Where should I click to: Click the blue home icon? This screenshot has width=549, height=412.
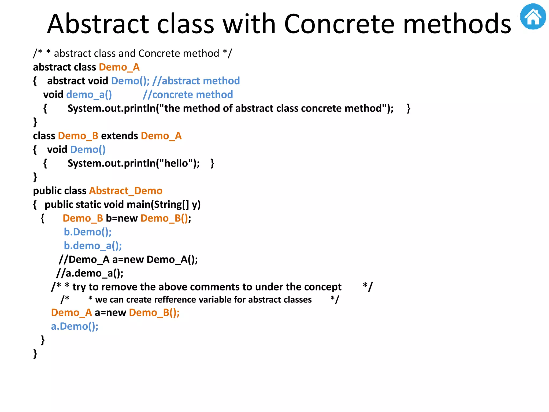533,17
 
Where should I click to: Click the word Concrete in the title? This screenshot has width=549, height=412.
339,24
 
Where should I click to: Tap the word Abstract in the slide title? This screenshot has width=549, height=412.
98,24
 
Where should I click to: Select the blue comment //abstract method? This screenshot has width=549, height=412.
196,81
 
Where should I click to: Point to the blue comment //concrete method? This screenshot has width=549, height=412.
188,95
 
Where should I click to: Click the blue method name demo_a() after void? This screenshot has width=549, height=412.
89,95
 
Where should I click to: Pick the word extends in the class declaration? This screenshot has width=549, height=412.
119,136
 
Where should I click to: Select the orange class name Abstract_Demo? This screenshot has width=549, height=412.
126,191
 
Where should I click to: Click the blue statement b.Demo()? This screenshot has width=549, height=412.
88,232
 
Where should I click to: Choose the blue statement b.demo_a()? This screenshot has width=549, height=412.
93,246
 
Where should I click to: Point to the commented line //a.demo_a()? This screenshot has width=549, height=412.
90,273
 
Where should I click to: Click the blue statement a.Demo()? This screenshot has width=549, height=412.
75,326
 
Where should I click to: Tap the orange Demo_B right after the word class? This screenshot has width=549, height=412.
78,136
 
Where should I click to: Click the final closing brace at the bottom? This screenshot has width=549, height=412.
35,354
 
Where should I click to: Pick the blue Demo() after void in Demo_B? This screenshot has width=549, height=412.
88,150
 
